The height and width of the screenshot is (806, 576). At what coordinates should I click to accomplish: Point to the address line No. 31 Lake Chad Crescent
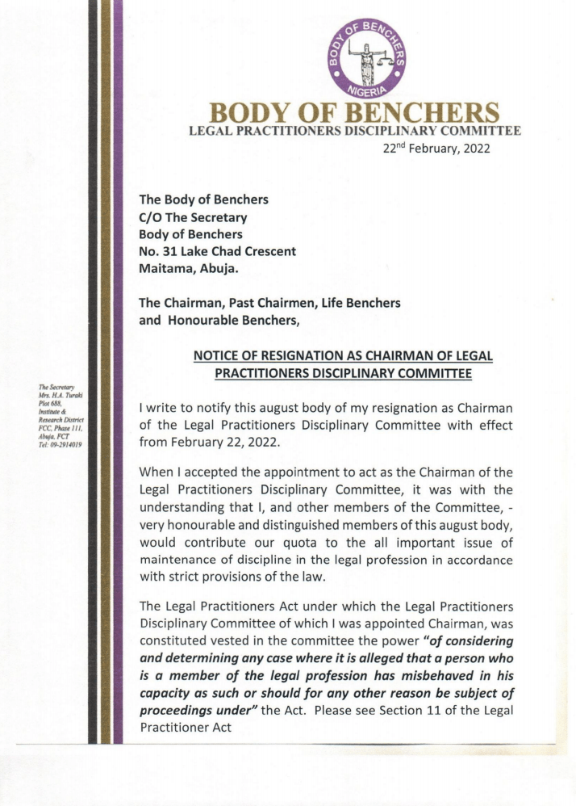coord(218,251)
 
